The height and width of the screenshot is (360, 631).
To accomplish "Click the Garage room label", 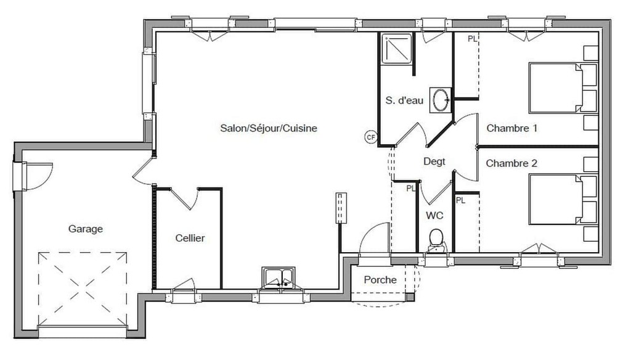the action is [85, 229].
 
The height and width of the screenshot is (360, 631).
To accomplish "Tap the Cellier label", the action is [190, 238].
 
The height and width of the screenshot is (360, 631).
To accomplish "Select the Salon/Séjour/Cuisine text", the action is [269, 128].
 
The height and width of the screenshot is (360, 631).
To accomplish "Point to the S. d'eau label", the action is [404, 100].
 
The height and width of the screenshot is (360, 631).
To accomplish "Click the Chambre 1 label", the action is [511, 128].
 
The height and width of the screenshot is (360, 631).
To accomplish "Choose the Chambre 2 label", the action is [511, 163].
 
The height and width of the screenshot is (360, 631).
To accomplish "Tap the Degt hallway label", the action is [434, 162].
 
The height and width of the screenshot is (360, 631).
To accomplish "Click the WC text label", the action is [434, 215].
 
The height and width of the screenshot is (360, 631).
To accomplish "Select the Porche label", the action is [380, 279].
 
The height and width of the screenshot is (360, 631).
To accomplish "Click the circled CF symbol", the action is [370, 137].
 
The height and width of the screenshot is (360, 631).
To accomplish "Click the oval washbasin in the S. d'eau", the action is [440, 99].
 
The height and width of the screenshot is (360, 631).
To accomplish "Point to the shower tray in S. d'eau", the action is [397, 49].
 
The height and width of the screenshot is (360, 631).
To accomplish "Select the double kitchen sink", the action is [278, 278].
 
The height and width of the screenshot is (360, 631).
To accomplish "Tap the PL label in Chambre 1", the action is [473, 39].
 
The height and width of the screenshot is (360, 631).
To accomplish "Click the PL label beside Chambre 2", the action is [460, 200].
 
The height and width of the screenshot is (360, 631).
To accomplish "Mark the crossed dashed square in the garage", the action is [83, 288].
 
